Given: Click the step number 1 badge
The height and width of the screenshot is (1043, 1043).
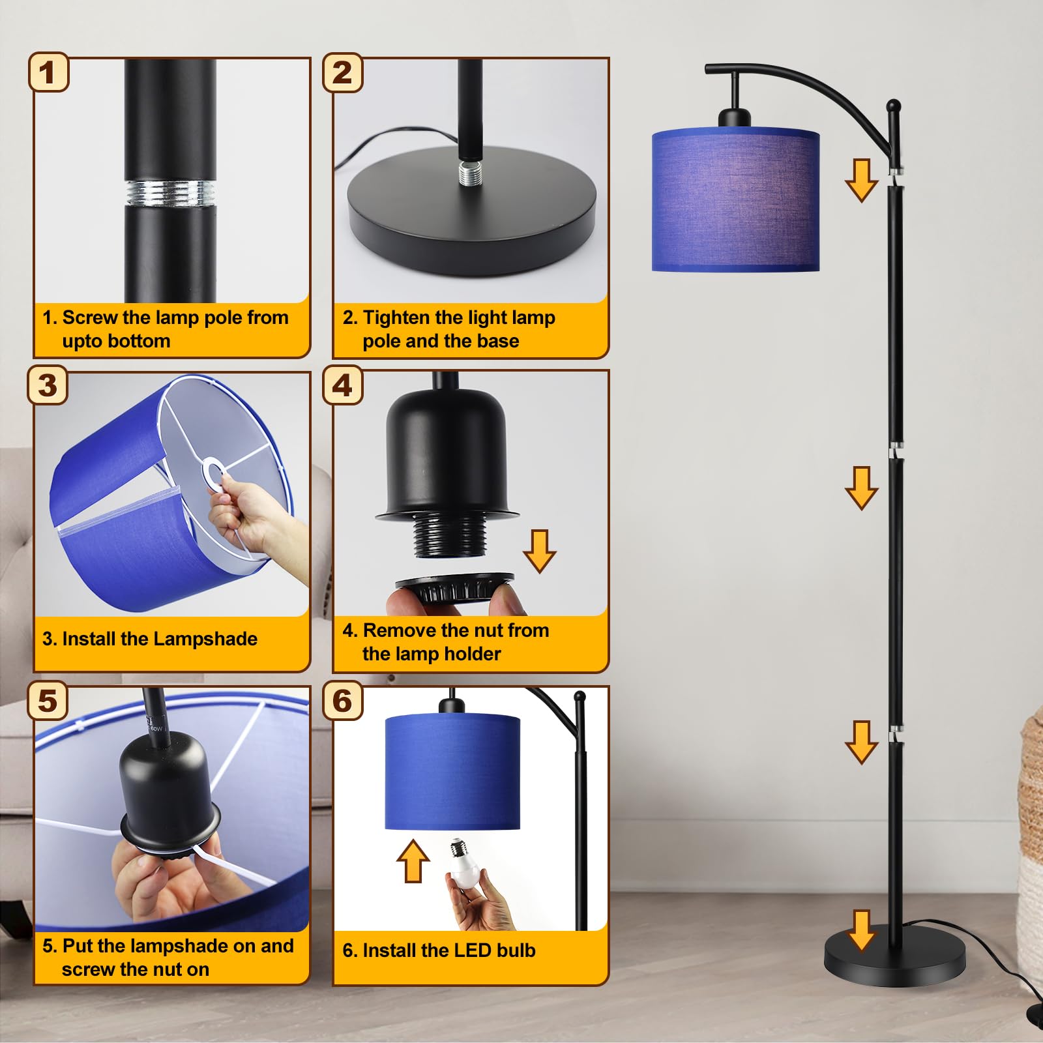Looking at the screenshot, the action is [x=48, y=72].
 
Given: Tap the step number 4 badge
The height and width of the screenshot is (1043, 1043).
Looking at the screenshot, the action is [x=343, y=385].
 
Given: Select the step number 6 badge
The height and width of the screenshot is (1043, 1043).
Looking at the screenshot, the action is [x=343, y=701].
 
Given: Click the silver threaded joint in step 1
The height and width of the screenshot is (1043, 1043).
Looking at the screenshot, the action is [x=170, y=193].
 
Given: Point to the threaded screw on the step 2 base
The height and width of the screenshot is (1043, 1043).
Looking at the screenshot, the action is [x=469, y=173].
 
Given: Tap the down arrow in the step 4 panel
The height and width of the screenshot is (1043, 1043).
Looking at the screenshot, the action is [x=539, y=551].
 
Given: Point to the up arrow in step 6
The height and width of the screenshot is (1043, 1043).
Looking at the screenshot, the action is [x=413, y=860].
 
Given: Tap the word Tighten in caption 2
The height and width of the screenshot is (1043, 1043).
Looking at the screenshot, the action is [x=396, y=317].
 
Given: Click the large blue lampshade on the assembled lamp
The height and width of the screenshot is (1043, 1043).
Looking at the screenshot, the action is [x=735, y=199].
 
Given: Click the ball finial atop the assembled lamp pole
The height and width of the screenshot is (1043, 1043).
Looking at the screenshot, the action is [x=894, y=105].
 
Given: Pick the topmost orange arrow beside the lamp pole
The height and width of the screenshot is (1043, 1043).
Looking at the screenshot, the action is [x=861, y=180].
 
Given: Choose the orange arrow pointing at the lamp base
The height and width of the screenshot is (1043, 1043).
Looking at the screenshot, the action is [x=862, y=931].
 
